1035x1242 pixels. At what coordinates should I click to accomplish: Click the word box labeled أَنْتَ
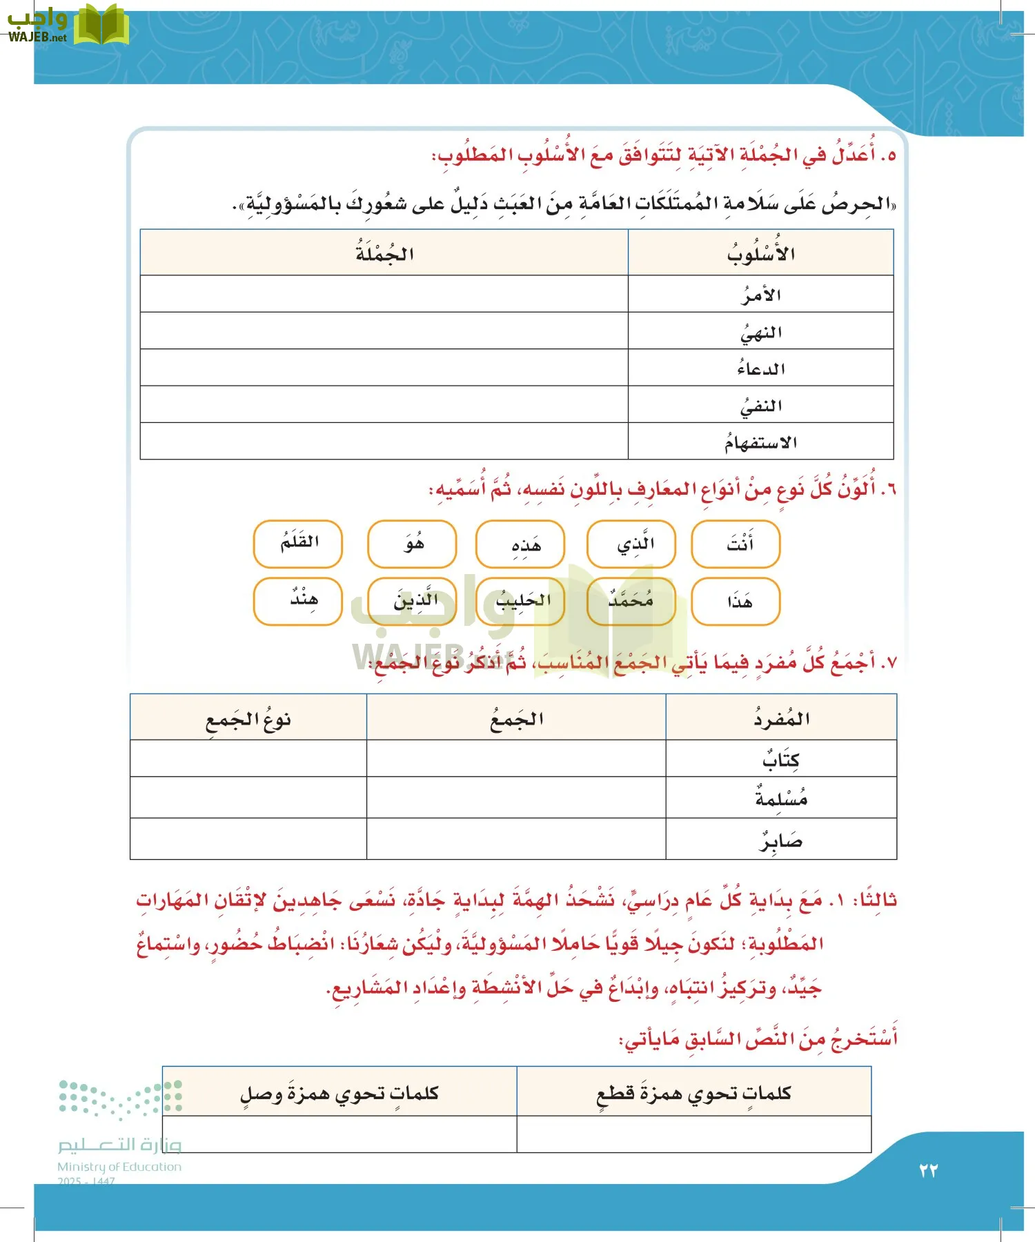(736, 544)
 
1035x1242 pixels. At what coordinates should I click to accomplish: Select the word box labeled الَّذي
(631, 544)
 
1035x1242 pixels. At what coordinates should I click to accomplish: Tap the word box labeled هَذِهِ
(520, 544)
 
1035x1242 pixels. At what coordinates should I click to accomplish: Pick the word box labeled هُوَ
(412, 544)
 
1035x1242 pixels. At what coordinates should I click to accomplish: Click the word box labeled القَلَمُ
(298, 544)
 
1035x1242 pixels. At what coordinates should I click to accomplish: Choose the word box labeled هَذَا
(736, 602)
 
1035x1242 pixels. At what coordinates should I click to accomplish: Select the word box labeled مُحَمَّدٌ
(631, 602)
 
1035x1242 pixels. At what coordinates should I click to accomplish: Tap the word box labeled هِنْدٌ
(298, 602)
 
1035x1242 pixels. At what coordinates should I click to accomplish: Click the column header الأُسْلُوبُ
(760, 253)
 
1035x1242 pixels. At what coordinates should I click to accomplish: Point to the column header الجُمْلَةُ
(384, 253)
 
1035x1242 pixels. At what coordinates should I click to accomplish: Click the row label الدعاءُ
(760, 368)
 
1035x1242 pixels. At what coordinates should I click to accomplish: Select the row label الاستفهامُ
(760, 442)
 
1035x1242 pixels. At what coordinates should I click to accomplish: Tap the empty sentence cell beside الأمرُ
(384, 294)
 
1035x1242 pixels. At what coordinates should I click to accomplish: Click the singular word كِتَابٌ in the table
(780, 759)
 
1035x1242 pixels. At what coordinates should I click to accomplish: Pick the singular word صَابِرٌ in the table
(780, 840)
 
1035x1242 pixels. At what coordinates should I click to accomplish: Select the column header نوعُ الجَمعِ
(248, 719)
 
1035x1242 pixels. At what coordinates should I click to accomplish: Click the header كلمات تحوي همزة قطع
(693, 1092)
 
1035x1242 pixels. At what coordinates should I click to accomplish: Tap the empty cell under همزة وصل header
(339, 1134)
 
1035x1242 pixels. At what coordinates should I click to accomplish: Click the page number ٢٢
(928, 1170)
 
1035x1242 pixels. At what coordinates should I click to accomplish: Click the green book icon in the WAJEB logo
(101, 26)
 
